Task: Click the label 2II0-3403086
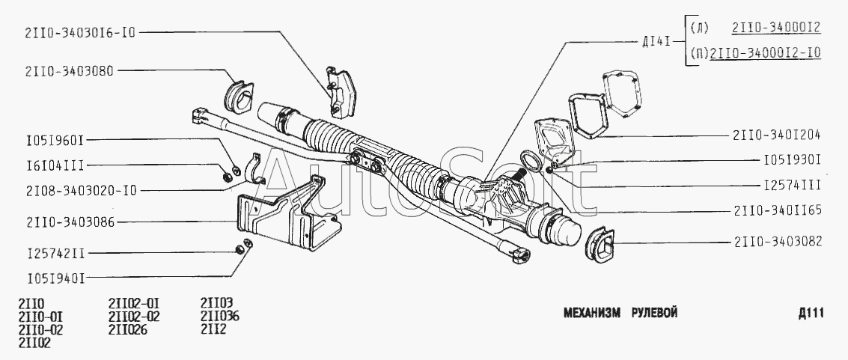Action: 69,222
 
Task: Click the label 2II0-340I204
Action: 778,135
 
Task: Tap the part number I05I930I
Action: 793,159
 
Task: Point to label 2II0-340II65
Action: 778,210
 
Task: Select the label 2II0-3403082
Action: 778,242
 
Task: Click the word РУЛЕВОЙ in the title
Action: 654,313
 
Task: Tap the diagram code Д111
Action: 811,313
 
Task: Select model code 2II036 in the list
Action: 220,316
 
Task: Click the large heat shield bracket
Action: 284,217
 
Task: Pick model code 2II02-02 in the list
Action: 134,316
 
